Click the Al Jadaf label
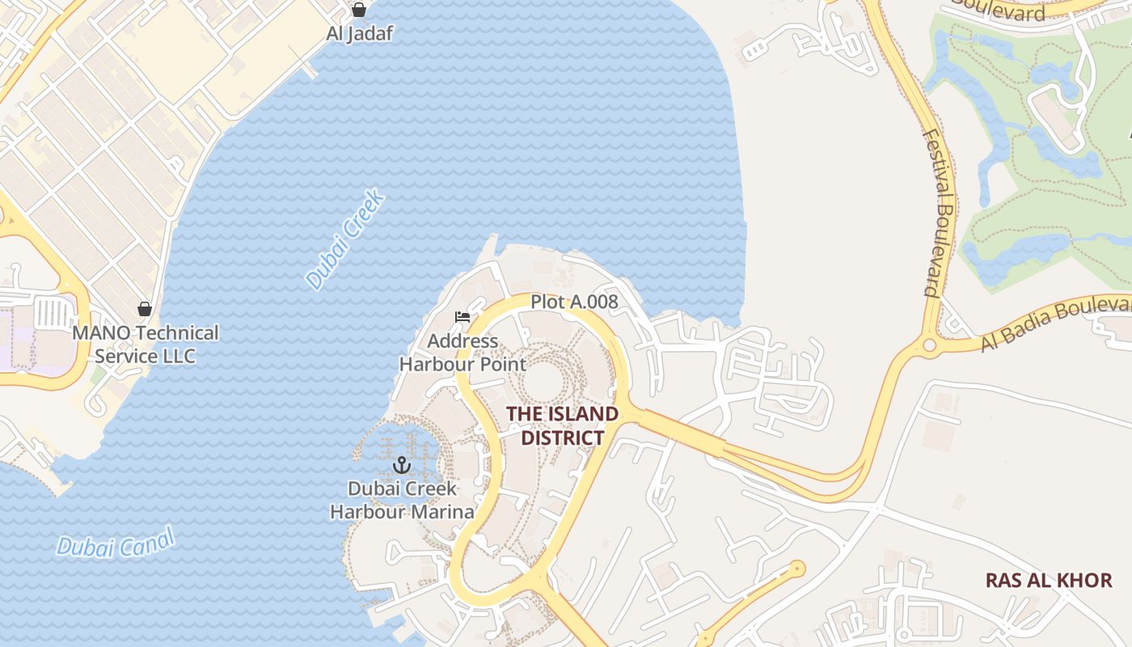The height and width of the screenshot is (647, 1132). [359, 34]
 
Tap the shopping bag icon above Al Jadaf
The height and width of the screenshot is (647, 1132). [359, 10]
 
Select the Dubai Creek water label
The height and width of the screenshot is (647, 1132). [344, 239]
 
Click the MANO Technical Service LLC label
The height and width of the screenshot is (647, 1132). [146, 345]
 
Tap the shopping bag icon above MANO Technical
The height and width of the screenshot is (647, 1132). [145, 309]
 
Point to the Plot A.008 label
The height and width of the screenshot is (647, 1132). [574, 302]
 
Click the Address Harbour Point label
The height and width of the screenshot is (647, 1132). [463, 353]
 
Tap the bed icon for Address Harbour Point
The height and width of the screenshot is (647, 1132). [463, 317]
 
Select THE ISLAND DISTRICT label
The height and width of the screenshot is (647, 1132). [562, 425]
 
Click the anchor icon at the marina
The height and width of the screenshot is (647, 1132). [402, 465]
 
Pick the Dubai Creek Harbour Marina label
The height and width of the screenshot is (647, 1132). [402, 500]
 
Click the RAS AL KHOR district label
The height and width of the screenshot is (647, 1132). [1049, 580]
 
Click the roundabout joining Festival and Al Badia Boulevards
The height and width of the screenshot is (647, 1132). [929, 346]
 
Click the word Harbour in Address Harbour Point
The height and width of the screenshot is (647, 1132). [439, 364]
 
